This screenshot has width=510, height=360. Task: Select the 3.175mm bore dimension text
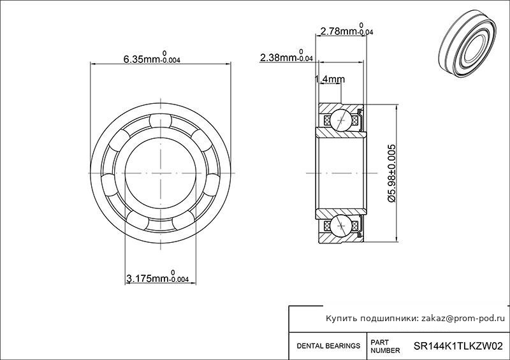(157, 277)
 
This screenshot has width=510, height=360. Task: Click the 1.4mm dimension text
(330, 79)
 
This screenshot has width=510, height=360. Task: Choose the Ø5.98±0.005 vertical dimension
(392, 173)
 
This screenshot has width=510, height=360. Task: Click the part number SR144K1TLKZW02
(458, 346)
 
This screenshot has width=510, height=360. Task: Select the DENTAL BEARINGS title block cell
(328, 346)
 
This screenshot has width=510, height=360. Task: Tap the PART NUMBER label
(385, 347)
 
